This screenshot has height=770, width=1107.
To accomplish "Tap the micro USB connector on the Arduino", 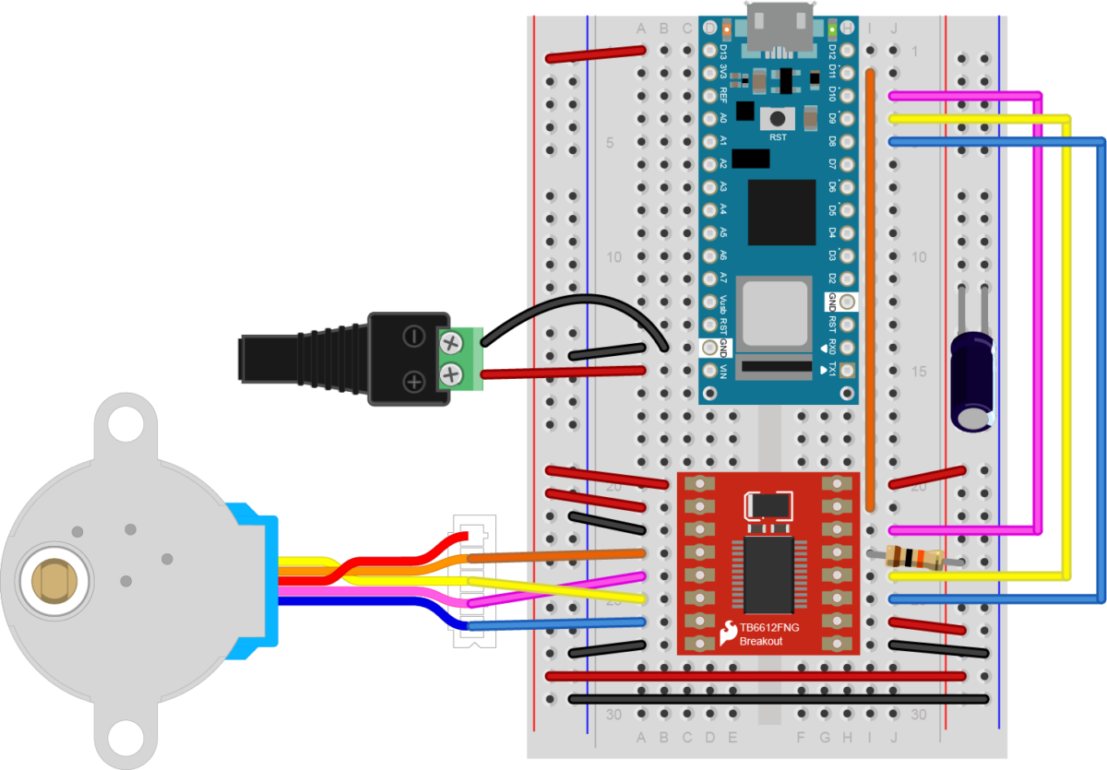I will (x=780, y=28).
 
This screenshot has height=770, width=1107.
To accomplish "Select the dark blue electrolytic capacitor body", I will (x=972, y=378).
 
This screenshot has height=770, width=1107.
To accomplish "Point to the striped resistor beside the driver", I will (x=913, y=557).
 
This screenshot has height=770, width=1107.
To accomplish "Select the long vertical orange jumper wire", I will (x=870, y=286).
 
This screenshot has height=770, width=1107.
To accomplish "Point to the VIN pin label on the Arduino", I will (x=723, y=371).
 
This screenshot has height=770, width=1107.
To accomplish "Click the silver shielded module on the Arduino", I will (x=779, y=313).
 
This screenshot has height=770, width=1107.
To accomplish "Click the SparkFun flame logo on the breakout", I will (x=728, y=633).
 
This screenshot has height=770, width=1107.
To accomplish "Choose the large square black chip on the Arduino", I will (x=781, y=212).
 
